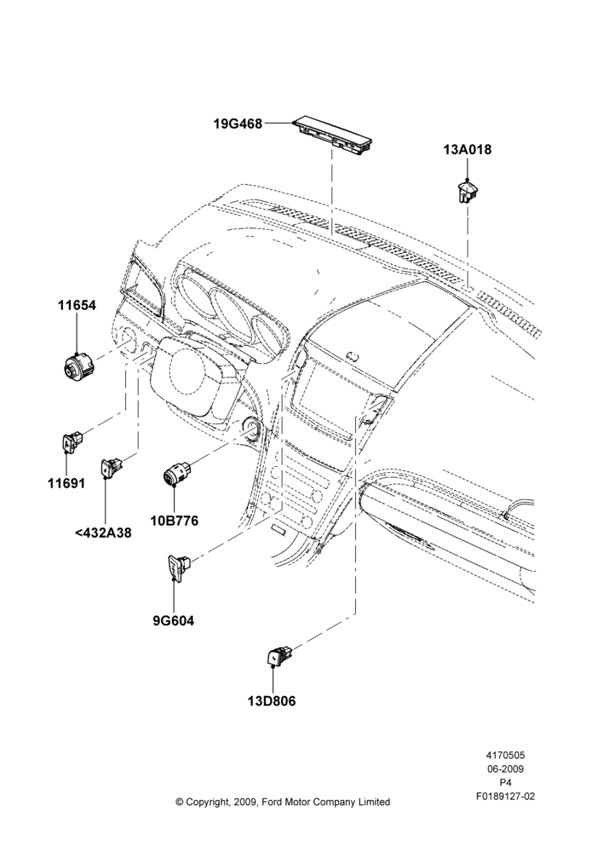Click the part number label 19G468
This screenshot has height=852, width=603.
pos(238,124)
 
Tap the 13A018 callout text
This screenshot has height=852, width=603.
pos(468,149)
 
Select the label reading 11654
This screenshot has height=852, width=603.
pos(78,305)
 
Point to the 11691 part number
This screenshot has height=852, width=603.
pos(66,483)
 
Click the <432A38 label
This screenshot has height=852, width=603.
pos(103,532)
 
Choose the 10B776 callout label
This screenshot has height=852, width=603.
pos(175,521)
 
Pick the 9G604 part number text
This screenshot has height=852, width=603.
pos(173,620)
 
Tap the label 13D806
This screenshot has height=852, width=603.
pos(272,701)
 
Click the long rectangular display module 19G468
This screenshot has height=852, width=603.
pos(333,135)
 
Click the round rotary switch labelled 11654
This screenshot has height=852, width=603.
pos(77,366)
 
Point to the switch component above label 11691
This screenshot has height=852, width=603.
pos(72,440)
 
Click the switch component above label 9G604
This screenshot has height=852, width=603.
pos(178,567)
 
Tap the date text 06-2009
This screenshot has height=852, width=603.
pos(505,769)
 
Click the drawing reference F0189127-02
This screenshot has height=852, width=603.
pos(505,796)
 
